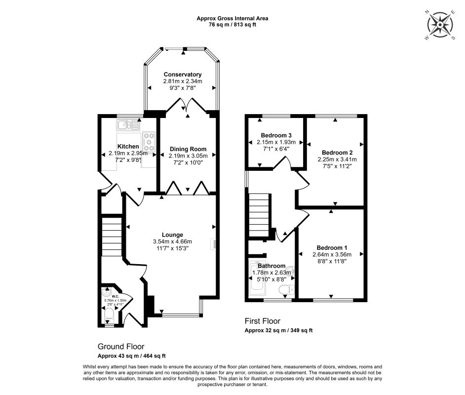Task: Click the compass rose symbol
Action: point(438,24)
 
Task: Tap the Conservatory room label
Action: point(183,75)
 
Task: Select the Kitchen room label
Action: point(128,147)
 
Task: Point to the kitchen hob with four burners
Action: point(149,142)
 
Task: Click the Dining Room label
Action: point(188,149)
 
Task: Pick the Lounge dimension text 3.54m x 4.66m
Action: point(172,241)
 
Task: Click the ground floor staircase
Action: point(112,237)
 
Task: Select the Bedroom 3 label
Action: point(277,135)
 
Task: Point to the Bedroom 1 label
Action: point(332,248)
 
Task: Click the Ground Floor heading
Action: point(121,347)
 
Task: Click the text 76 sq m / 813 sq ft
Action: point(232,25)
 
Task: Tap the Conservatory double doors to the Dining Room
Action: point(188,106)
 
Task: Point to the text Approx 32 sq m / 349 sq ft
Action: point(279,330)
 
